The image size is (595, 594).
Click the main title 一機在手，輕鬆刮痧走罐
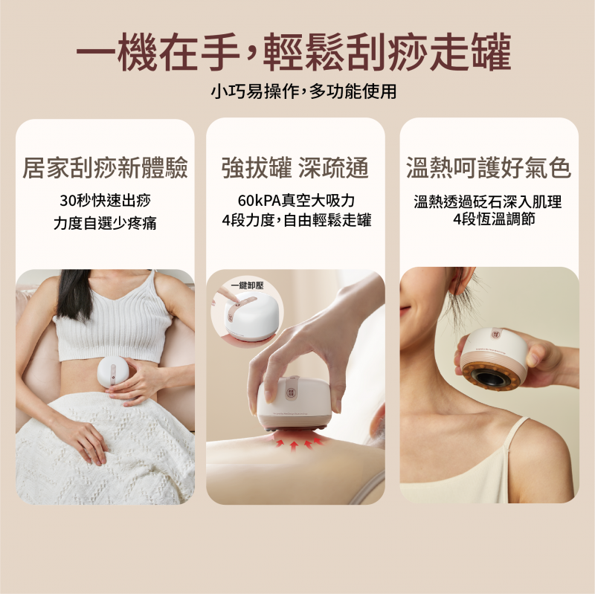294,52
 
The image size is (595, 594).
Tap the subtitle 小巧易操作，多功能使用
303,91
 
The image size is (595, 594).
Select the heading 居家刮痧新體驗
105,167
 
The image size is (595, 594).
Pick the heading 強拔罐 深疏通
295,167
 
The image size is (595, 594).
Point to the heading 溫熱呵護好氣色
489,167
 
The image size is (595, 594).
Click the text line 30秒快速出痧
105,201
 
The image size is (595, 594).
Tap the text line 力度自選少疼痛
105,223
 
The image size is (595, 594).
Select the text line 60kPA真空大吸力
296,201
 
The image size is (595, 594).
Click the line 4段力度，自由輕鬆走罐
296,220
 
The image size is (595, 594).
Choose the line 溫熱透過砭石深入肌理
488,201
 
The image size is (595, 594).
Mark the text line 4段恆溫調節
494,219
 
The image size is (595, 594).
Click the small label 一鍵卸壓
248,285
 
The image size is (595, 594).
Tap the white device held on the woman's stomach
114,372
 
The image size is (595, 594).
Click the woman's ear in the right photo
460,280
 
